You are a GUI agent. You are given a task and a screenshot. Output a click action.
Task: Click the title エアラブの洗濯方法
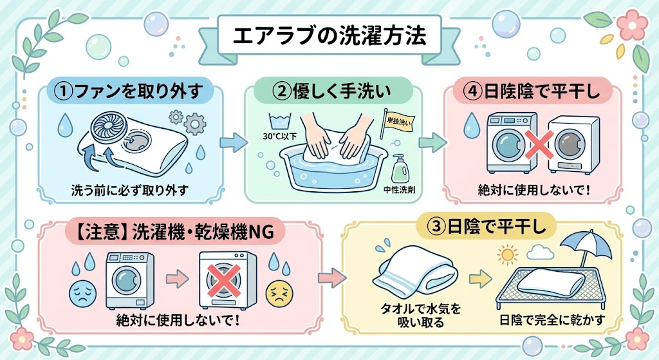pyautogui.click(x=329, y=36)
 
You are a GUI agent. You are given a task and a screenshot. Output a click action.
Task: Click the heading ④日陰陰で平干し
pyautogui.click(x=534, y=91)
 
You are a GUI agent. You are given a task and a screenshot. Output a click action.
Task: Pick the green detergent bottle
pyautogui.click(x=399, y=169)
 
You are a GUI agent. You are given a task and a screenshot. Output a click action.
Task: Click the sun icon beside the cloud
pyautogui.click(x=507, y=255)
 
